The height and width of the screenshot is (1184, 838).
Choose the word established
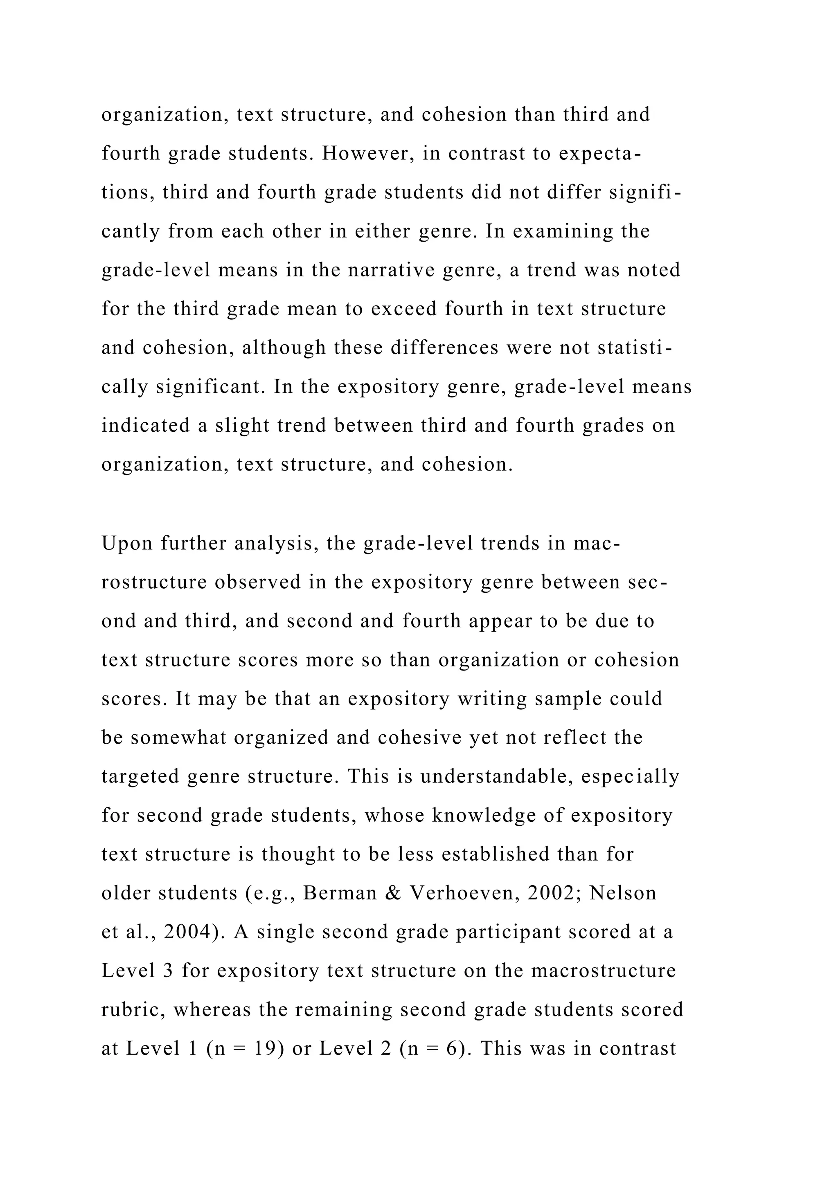pos(496,854)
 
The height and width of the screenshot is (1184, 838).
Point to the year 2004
pos(194,932)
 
